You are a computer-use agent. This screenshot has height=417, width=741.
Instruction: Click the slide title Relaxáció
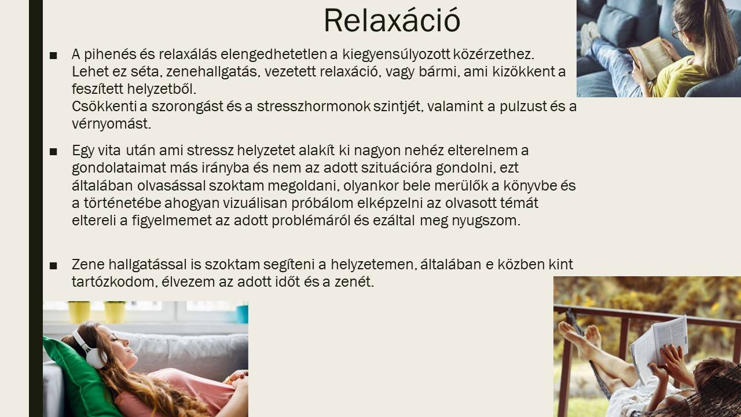392,20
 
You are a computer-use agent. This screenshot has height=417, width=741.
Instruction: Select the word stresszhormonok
314,107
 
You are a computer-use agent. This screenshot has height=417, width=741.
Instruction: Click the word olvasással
172,186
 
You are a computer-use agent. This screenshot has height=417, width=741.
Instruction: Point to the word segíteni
288,265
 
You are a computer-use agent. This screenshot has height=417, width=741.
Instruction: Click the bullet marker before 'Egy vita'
53,152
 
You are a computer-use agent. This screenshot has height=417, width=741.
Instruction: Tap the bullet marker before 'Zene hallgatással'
53,266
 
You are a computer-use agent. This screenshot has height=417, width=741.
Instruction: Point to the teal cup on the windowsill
242,314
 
